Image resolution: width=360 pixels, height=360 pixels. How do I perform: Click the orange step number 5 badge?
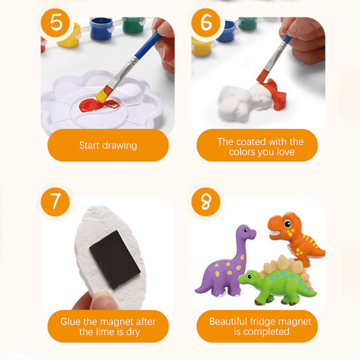click(55, 23)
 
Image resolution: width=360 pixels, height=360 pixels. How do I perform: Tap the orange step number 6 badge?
click(206, 23)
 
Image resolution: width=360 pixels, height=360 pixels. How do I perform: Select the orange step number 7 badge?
click(55, 202)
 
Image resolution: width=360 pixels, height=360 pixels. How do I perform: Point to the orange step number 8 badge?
click(206, 202)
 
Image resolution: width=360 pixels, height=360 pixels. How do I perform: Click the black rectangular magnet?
click(115, 260)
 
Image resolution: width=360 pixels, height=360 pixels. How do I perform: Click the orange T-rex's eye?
click(287, 224)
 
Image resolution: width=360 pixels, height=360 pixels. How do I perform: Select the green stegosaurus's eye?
click(250, 276)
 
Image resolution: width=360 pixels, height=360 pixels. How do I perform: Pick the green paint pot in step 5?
click(133, 25)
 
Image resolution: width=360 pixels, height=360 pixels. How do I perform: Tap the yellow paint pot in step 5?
click(70, 36)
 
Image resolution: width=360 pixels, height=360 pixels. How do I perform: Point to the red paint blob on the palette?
click(99, 105)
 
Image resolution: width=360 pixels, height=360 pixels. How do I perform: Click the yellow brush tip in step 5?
click(102, 95)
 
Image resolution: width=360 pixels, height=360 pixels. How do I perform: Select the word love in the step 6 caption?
click(286, 152)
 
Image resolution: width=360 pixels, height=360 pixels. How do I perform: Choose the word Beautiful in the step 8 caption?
click(229, 322)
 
